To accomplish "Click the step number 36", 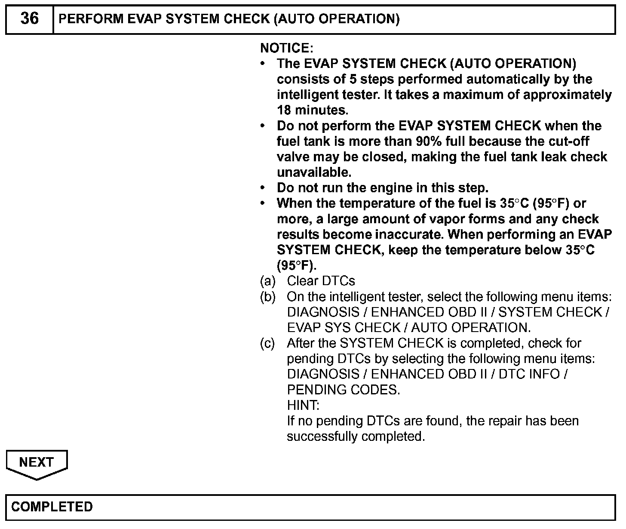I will [x=29, y=18].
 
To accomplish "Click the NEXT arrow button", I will [x=37, y=464].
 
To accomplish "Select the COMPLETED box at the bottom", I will [x=310, y=507].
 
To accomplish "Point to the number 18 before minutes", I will [x=284, y=110].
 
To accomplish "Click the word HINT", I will [x=303, y=405].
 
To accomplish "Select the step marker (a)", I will [x=267, y=281].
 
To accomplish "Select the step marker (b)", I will [x=267, y=297].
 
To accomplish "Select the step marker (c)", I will [x=267, y=343].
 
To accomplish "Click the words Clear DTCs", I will [x=321, y=281].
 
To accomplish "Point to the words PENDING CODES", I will [x=343, y=390].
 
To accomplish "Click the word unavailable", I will [x=314, y=172].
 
